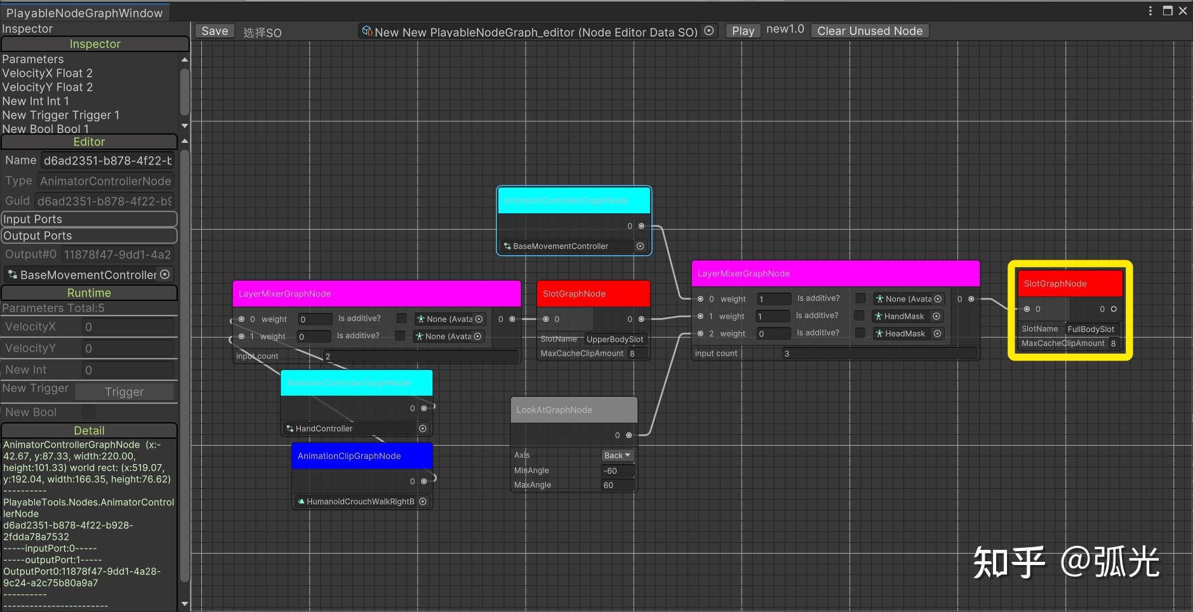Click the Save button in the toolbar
click(x=215, y=31)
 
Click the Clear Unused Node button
click(x=869, y=31)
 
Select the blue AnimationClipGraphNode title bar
click(x=362, y=456)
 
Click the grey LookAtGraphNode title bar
click(x=573, y=410)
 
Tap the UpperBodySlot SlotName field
click(x=615, y=339)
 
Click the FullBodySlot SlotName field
click(x=1091, y=329)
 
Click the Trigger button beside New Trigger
click(x=124, y=392)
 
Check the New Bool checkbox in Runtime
click(x=89, y=412)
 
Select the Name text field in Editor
click(x=107, y=161)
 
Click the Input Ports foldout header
click(x=89, y=219)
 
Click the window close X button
click(x=1182, y=11)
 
